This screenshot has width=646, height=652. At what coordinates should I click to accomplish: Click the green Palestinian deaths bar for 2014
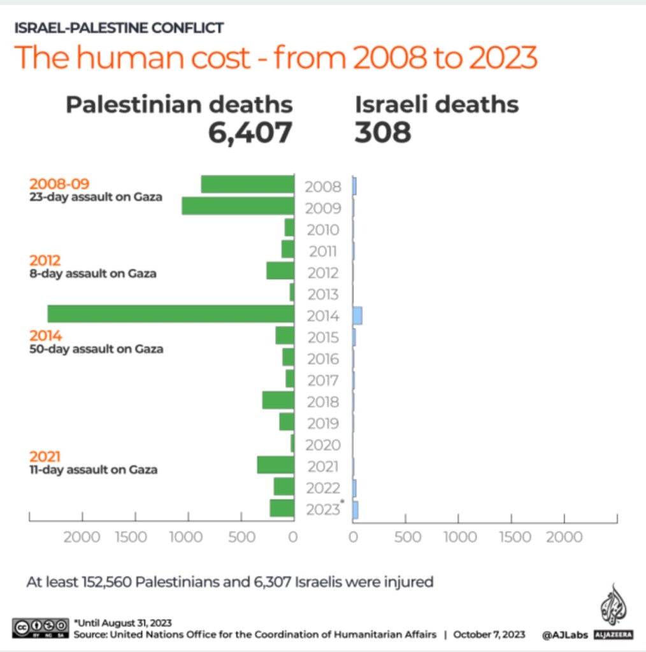coord(171,314)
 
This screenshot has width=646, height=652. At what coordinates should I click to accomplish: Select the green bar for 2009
coord(238,206)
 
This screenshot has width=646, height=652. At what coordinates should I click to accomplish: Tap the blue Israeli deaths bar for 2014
coord(357,315)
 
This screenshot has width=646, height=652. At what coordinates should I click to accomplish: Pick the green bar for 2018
coord(278,400)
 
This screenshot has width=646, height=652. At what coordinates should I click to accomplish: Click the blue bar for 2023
coord(355,509)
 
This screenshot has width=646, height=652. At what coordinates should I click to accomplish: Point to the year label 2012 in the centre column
coord(323,273)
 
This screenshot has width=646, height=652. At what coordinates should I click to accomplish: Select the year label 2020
coord(323,445)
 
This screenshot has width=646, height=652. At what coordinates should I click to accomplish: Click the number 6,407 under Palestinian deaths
coord(250,132)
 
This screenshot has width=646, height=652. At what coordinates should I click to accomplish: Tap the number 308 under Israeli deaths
coord(383,132)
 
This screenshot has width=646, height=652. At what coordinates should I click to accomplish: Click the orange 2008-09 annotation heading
coord(59,185)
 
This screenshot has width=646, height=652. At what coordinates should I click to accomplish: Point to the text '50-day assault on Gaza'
coord(96,349)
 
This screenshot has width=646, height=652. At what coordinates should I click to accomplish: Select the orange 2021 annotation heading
coord(45,457)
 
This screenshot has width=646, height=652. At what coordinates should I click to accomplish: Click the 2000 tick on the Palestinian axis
coord(82,537)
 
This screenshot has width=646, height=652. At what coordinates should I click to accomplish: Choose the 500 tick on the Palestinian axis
coord(241,537)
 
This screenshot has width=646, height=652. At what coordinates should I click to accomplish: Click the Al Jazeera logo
coord(612,611)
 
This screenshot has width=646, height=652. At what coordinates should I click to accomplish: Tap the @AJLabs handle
coord(564,635)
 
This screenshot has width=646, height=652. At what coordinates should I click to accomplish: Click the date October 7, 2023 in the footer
coord(489,635)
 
